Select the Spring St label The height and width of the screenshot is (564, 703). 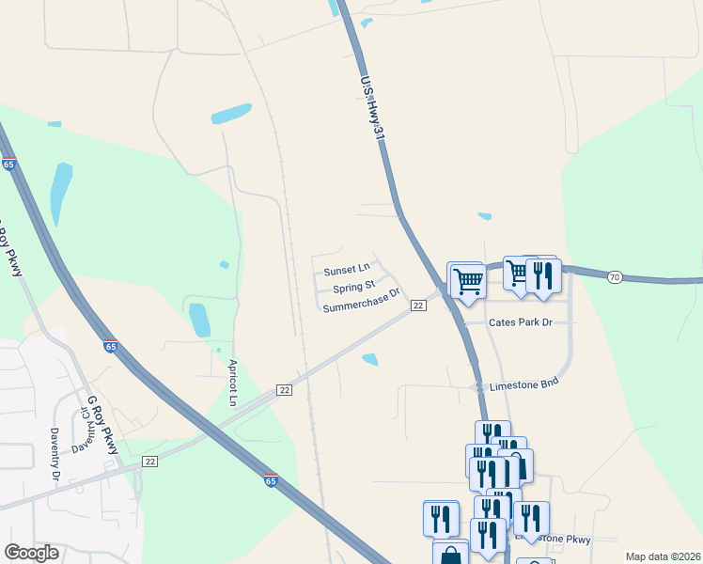[353, 287]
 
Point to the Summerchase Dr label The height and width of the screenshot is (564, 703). [361, 307]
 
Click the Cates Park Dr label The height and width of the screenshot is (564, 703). [520, 322]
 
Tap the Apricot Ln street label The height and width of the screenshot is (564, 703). [233, 382]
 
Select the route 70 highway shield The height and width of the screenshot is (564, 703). [614, 277]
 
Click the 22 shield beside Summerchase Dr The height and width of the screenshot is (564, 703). [418, 306]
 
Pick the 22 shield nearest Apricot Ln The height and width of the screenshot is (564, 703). [285, 389]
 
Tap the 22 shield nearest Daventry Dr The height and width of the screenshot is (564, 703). [149, 461]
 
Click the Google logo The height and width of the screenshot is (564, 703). [31, 553]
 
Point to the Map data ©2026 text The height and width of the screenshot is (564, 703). [663, 556]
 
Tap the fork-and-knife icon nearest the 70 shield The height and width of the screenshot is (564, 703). [543, 274]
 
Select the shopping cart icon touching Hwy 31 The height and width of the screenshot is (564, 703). [467, 279]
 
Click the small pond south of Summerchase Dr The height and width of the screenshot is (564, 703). [370, 358]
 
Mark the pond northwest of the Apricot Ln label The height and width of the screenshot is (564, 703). [198, 320]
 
